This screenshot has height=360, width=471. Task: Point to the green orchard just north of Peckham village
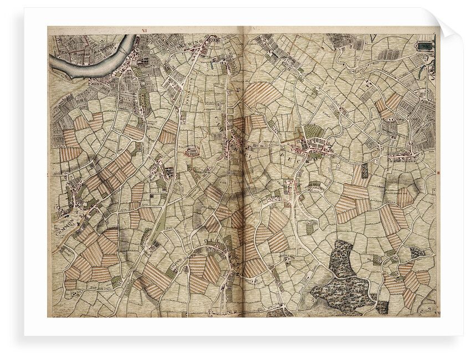click(x=313, y=131)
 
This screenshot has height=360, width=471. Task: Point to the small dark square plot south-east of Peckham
click(x=364, y=171)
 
